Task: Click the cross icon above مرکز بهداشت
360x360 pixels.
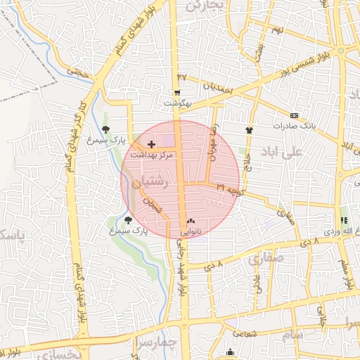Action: [152, 143]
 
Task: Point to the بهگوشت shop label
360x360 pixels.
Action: [178, 103]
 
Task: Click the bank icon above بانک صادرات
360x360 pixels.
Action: [293, 116]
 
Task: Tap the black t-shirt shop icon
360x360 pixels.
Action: [249, 130]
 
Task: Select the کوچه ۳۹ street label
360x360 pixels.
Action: [230, 190]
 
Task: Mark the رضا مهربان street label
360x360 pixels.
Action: [209, 145]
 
